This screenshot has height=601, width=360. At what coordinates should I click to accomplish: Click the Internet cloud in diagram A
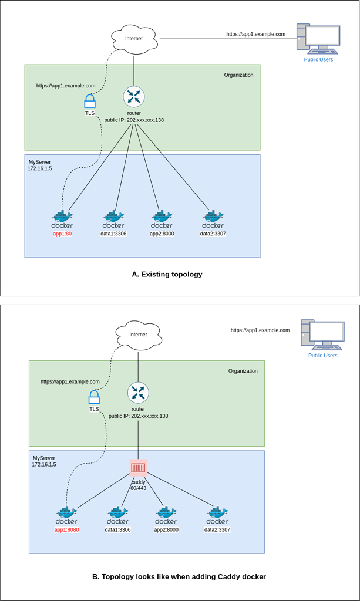pos(134,39)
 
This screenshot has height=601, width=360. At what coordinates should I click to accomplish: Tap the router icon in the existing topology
pos(134,97)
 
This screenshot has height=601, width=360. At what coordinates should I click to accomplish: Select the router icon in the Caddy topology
pos(138,393)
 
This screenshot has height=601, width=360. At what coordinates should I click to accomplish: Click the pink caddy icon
pos(138,467)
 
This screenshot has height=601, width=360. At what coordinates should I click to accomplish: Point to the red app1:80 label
pos(62,234)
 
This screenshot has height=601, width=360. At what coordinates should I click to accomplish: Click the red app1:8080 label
pos(66,529)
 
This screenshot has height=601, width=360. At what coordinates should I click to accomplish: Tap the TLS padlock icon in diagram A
pos(89,102)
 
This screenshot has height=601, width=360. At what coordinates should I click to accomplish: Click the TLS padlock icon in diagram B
pos(94,397)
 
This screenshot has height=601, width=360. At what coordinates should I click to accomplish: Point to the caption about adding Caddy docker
pos(179,576)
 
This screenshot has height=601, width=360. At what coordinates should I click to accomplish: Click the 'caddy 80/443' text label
pos(139,485)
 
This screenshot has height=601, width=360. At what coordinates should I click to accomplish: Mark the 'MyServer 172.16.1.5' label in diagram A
pos(39,165)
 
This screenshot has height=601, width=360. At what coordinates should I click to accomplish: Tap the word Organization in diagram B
pos(243,371)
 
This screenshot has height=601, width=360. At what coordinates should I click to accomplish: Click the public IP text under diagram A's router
pos(134,120)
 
